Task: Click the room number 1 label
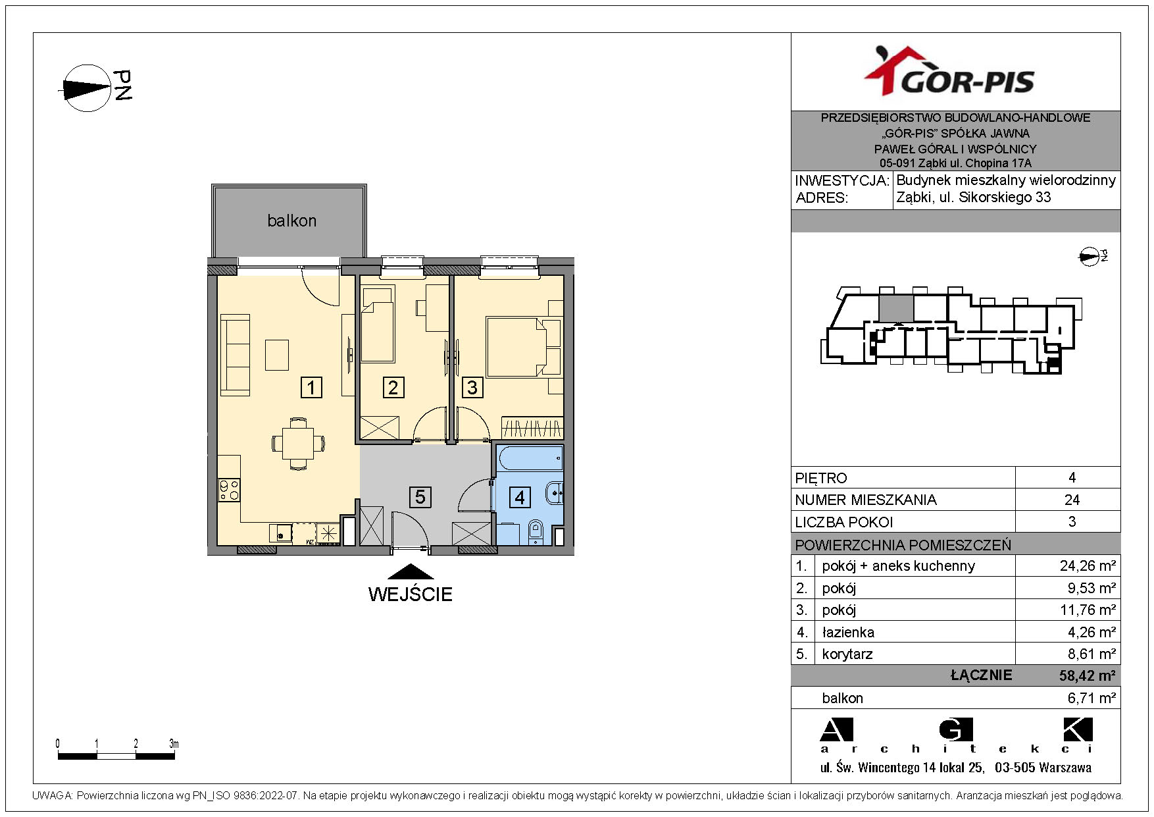coord(311,387)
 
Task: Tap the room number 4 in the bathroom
coord(520,497)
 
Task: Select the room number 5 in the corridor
coord(420,496)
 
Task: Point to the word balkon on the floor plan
coord(291,221)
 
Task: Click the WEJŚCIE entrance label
coord(411,594)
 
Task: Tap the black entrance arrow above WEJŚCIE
coord(411,571)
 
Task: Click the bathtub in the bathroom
coord(530,458)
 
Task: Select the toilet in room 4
coord(536,531)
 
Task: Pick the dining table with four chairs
coord(298,443)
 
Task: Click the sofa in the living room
coord(235,355)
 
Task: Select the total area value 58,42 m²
coord(1087,675)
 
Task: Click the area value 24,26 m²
coord(1088,566)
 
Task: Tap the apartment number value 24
coord(1072,500)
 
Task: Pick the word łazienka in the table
coord(848,632)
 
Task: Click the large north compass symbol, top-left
coord(86,88)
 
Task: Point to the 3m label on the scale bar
coord(174,744)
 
